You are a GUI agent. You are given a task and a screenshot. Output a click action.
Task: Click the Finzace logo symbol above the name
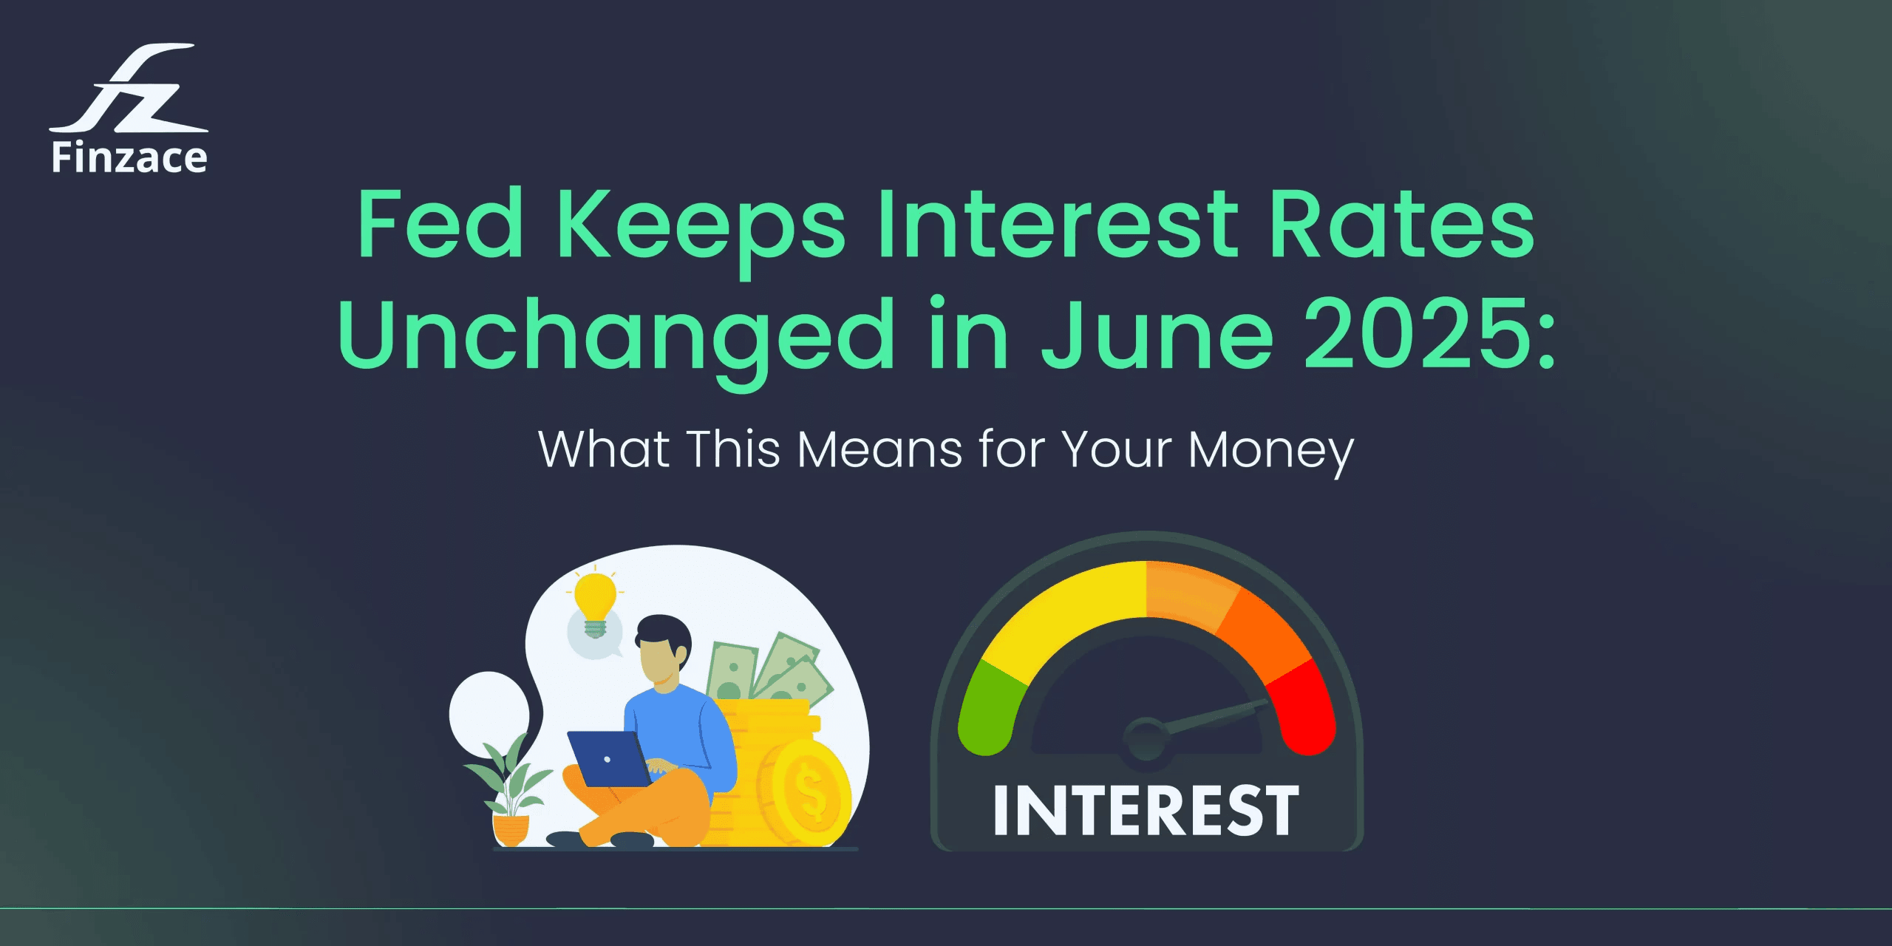pyautogui.click(x=129, y=89)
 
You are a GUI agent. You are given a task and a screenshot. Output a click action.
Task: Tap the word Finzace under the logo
pyautogui.click(x=129, y=158)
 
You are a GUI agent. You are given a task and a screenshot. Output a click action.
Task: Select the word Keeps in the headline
pyautogui.click(x=701, y=225)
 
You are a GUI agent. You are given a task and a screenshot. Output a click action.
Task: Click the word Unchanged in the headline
pyautogui.click(x=616, y=336)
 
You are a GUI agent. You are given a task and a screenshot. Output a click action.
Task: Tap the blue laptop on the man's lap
pyautogui.click(x=608, y=758)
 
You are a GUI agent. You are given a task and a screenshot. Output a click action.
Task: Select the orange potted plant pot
pyautogui.click(x=511, y=828)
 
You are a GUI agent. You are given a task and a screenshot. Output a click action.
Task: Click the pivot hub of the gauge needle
pyautogui.click(x=1145, y=738)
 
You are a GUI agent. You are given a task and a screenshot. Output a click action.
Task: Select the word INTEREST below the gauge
pyautogui.click(x=1146, y=811)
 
